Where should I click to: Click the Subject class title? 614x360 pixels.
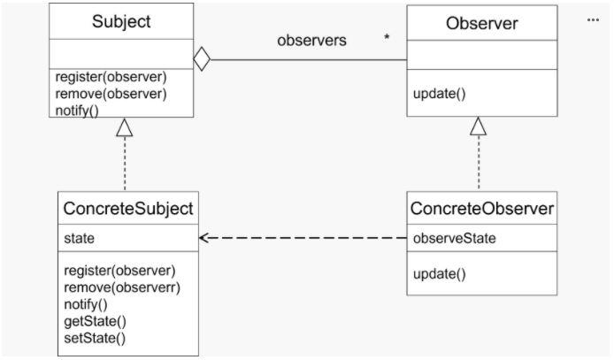pos(122,22)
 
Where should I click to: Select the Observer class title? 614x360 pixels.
pos(482,22)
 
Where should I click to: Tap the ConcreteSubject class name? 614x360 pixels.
pos(128,209)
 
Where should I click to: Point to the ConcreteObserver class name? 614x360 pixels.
pos(482,209)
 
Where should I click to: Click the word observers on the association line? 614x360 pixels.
pos(311,42)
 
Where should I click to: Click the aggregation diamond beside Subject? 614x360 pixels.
pos(202,61)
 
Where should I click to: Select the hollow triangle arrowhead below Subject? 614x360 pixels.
pos(125,127)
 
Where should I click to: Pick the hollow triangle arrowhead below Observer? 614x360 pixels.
pos(479,126)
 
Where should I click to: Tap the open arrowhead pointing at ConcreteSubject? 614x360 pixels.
pos(205,238)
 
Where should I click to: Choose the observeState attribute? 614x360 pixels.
pos(454,239)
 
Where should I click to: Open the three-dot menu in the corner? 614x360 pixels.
pos(593,19)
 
